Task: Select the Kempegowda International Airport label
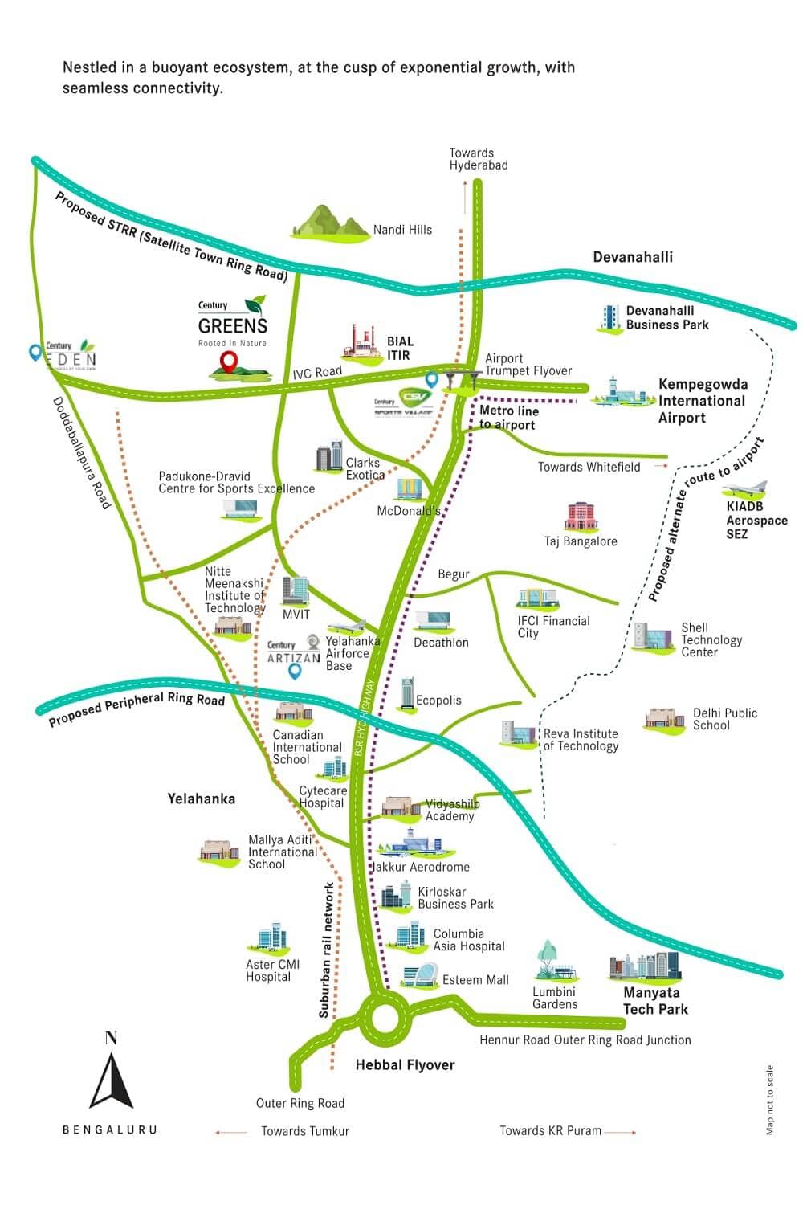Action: (x=702, y=401)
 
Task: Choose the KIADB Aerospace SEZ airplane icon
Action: (x=746, y=489)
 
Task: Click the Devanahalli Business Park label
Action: (x=667, y=317)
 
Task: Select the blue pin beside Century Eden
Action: (x=35, y=352)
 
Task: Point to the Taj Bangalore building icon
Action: (x=581, y=517)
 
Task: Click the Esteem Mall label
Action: (x=475, y=980)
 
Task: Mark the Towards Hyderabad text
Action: (x=478, y=159)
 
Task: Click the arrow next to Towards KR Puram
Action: (x=621, y=1132)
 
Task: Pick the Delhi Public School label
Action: (x=724, y=719)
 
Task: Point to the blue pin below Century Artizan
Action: (x=295, y=672)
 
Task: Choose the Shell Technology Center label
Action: (x=711, y=640)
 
